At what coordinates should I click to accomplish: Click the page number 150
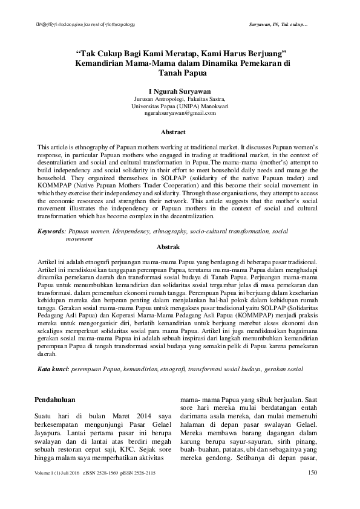[313, 472]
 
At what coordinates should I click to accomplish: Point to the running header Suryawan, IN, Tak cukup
[278, 24]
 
